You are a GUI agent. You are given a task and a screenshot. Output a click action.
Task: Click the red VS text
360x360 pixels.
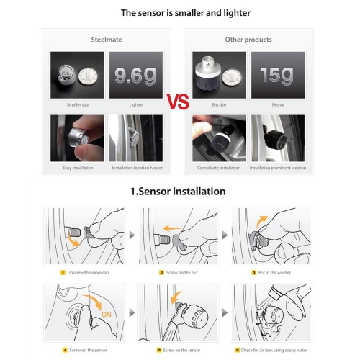(178, 102)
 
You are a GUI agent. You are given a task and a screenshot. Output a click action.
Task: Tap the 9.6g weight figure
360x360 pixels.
(135, 76)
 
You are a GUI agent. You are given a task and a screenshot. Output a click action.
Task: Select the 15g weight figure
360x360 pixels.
(277, 76)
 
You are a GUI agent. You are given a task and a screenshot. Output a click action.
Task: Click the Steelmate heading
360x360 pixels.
(107, 40)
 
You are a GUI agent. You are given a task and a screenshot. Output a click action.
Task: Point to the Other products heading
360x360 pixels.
(248, 40)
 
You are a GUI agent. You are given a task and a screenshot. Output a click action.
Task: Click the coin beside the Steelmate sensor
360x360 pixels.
(88, 76)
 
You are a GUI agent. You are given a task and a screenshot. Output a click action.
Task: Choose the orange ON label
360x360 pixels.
(107, 315)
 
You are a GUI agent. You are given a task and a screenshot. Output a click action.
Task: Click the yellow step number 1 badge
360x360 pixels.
(63, 272)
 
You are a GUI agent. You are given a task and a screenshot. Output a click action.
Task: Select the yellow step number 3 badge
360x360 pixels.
(254, 272)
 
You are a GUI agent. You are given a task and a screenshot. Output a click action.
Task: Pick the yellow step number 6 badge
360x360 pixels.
(237, 350)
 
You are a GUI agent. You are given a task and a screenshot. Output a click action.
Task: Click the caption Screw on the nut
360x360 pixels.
(182, 273)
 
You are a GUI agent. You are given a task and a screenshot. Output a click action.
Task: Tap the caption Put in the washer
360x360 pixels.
(274, 273)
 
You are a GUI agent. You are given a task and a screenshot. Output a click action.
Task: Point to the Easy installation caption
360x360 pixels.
(78, 168)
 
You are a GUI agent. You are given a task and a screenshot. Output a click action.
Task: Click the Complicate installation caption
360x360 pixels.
(219, 168)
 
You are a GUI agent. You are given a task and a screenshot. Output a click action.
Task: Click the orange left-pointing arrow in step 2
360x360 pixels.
(172, 228)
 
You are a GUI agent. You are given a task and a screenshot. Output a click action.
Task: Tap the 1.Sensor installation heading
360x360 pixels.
(178, 192)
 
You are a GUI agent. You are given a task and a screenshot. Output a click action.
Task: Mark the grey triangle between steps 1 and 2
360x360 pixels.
(132, 235)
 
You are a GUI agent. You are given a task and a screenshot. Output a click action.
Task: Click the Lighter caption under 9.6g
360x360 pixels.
(136, 104)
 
